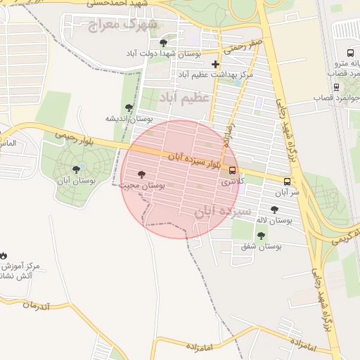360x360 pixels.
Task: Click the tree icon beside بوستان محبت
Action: (141, 174)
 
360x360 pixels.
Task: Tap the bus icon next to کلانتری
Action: (233, 170)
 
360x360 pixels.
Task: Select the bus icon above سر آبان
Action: (285, 181)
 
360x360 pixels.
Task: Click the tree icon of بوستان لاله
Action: (274, 210)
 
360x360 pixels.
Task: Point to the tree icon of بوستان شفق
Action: (261, 236)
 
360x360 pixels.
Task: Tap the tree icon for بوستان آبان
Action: (76, 169)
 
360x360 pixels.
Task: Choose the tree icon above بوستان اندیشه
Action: (129, 108)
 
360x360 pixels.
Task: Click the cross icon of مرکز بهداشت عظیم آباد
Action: (216, 64)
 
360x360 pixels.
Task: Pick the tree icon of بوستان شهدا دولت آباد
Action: (163, 43)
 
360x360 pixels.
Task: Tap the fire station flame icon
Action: (4, 255)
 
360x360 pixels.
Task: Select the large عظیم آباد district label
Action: (185, 96)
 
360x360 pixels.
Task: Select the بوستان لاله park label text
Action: (275, 221)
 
